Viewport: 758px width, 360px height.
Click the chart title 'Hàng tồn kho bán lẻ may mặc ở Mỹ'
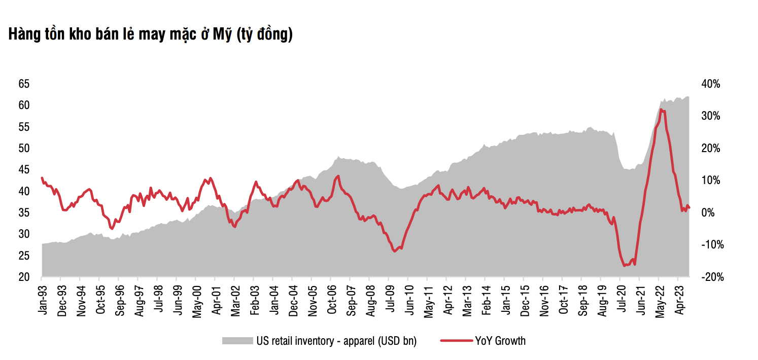coord(150,34)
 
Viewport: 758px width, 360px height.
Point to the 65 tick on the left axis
coord(24,84)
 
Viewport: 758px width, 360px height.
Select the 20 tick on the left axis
coord(24,277)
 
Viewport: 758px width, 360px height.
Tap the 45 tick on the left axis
coord(24,170)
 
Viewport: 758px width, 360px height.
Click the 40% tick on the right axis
coord(709,84)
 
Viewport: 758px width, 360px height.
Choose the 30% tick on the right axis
coord(709,116)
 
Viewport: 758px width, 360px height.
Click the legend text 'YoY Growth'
coord(500,341)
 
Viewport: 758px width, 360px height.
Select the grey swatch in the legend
coord(237,341)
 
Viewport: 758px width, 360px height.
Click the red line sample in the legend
coord(456,341)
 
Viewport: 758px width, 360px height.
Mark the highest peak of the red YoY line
coord(660,110)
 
